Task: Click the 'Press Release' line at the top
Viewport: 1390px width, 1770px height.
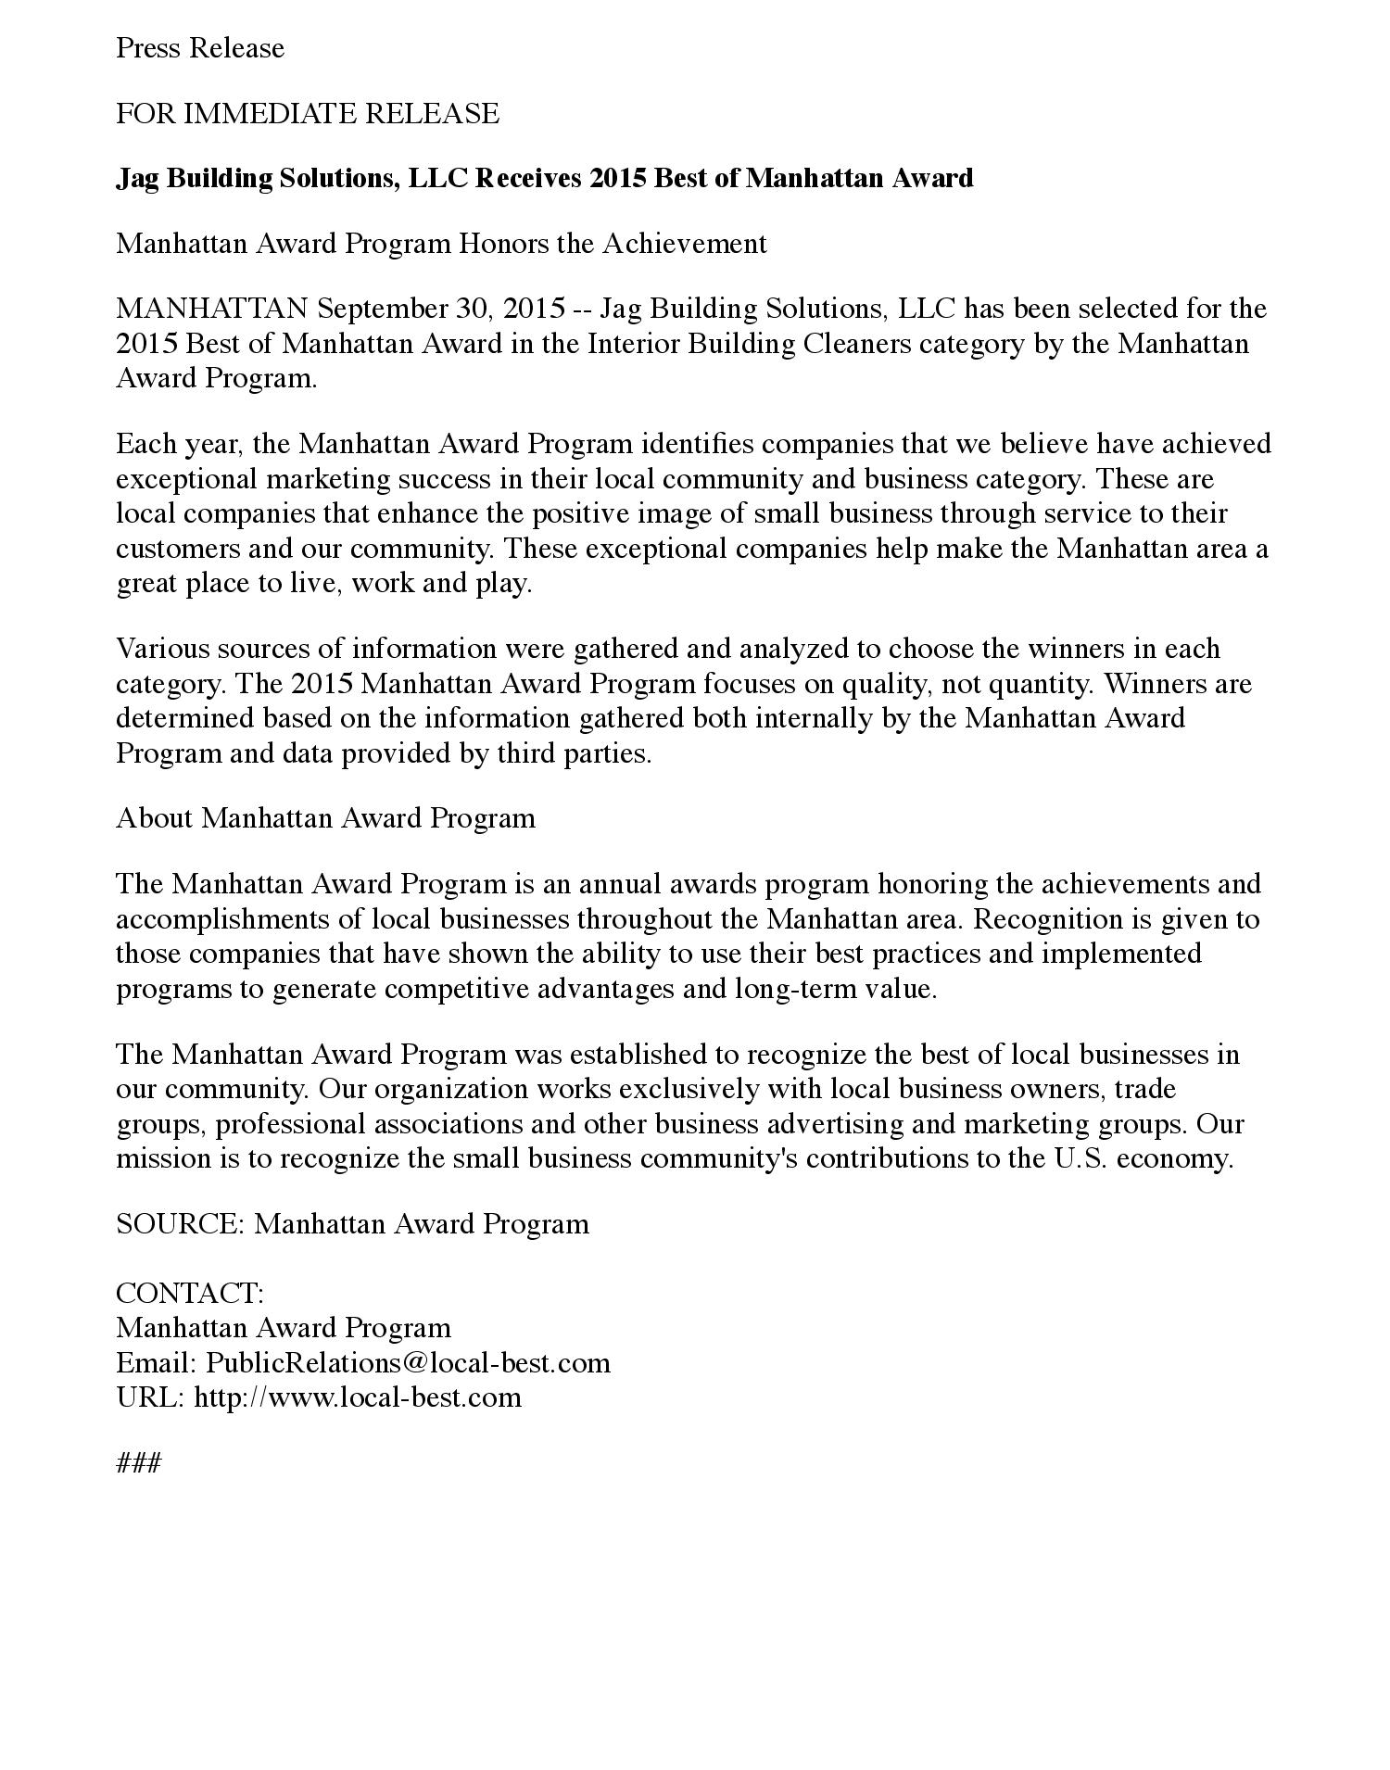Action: click(x=199, y=48)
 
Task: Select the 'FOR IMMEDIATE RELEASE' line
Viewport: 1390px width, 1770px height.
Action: click(x=307, y=114)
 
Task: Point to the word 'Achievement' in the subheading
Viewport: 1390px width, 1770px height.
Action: click(x=685, y=244)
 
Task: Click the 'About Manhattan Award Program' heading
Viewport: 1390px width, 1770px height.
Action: click(x=325, y=818)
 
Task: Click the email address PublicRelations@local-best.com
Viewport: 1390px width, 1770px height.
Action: click(x=408, y=1363)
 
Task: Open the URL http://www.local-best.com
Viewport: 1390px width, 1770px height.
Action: click(x=358, y=1397)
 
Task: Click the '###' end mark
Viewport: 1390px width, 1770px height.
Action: click(x=139, y=1463)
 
